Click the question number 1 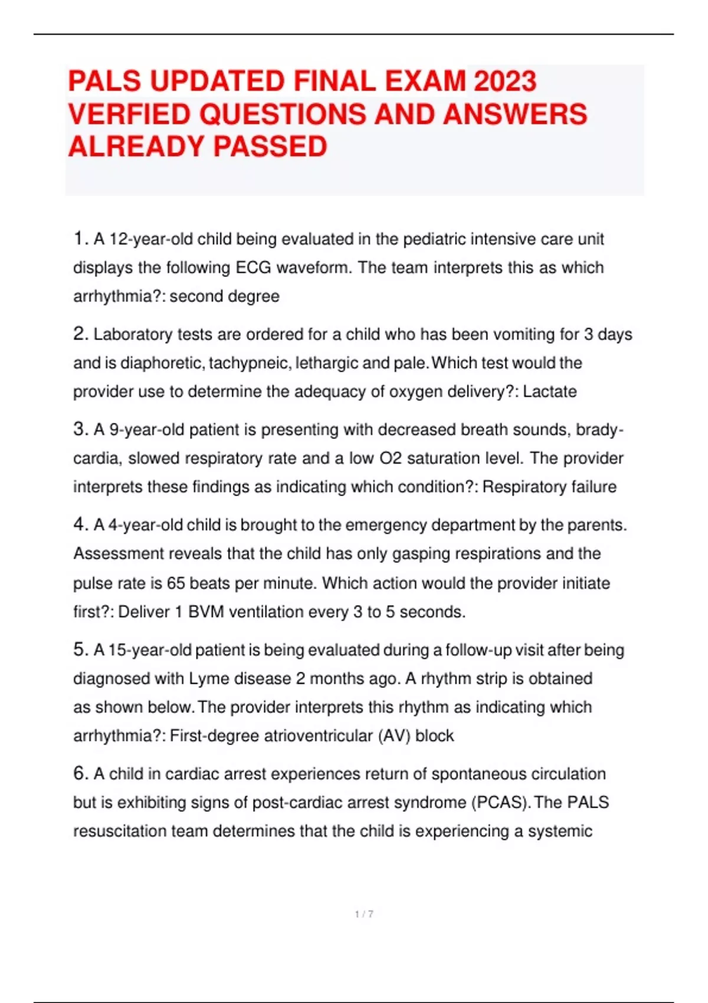coord(80,239)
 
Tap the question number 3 coord(80,430)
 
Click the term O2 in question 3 coord(391,458)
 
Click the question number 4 coord(80,525)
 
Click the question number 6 coord(80,773)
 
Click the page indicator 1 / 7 coord(364,914)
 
